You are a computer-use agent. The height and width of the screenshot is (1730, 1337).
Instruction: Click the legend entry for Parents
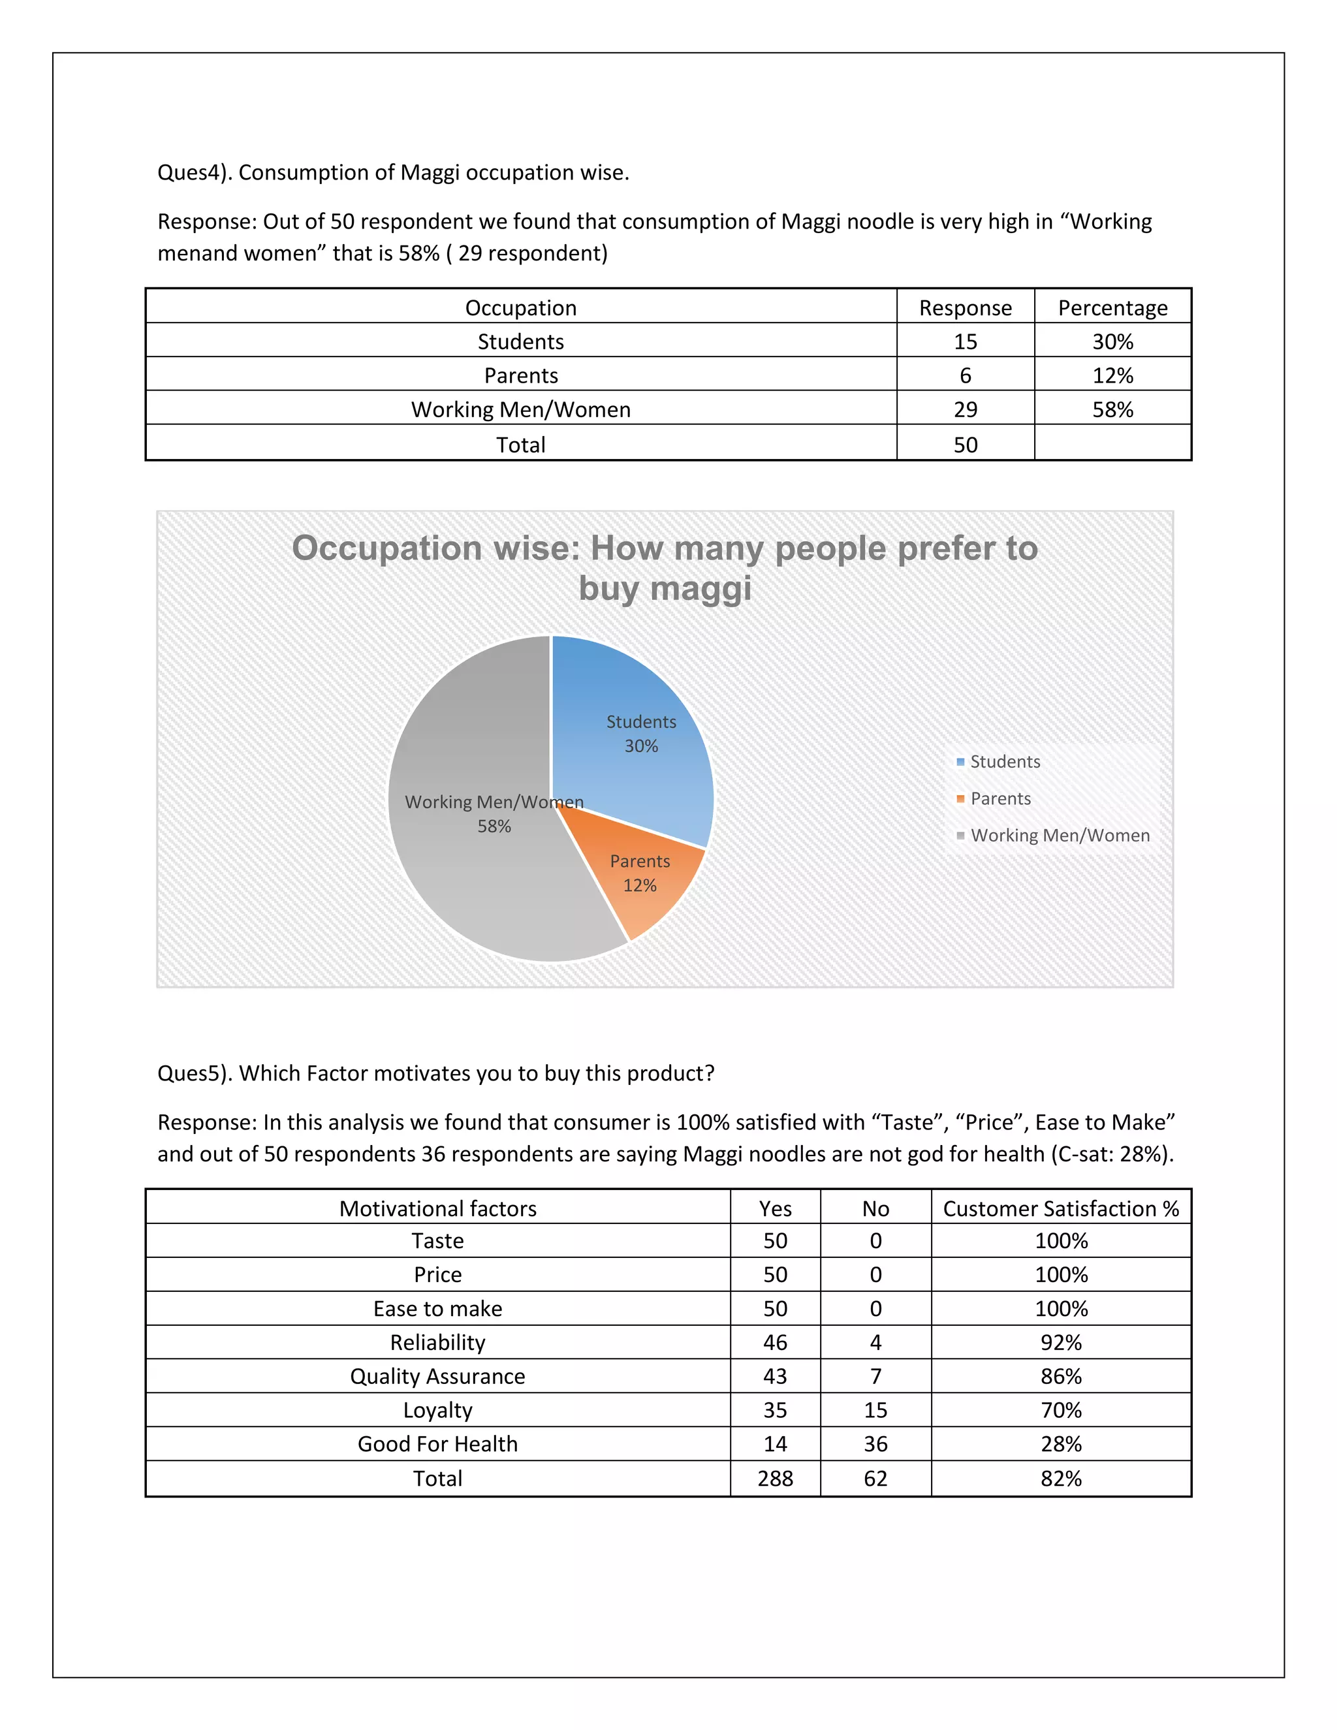pyautogui.click(x=999, y=798)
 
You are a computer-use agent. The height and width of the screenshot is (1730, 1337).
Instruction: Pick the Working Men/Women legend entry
pyautogui.click(x=1059, y=835)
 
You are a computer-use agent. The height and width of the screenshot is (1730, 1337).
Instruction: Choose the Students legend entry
pyautogui.click(x=1004, y=761)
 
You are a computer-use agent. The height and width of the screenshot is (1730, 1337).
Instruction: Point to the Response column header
pyautogui.click(x=965, y=307)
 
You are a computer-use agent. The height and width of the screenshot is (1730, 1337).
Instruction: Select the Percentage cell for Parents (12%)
pyautogui.click(x=1112, y=375)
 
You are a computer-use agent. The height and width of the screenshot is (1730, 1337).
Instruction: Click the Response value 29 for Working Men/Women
pyautogui.click(x=965, y=409)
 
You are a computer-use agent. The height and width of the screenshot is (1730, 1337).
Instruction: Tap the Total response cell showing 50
pyautogui.click(x=965, y=445)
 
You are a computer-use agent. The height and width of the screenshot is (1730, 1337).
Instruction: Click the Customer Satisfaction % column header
pyautogui.click(x=1061, y=1208)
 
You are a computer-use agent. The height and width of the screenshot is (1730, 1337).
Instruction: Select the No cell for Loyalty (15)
pyautogui.click(x=875, y=1410)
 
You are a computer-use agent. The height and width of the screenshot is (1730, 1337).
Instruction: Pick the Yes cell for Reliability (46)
pyautogui.click(x=775, y=1342)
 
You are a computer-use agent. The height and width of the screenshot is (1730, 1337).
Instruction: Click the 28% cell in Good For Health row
pyautogui.click(x=1061, y=1443)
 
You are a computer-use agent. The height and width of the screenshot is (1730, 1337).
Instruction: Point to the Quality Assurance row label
pyautogui.click(x=437, y=1376)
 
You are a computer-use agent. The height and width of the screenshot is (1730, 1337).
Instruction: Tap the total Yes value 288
pyautogui.click(x=775, y=1478)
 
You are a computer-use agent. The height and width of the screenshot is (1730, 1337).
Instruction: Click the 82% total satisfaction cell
pyautogui.click(x=1061, y=1478)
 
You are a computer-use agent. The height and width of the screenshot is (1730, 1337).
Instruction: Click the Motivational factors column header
pyautogui.click(x=437, y=1208)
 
